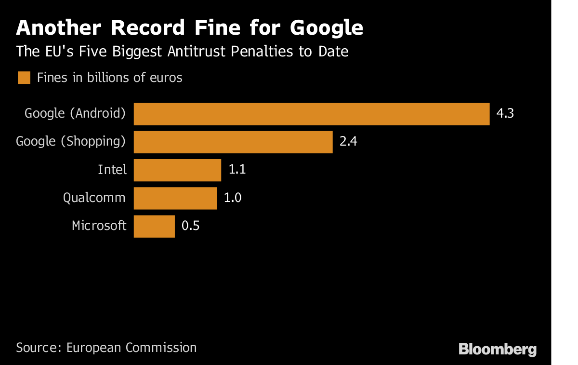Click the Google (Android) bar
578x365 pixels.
[311, 114]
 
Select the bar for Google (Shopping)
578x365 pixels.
[233, 142]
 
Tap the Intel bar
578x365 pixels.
[177, 170]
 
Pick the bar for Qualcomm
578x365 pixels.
[175, 198]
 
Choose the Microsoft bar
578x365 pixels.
[154, 226]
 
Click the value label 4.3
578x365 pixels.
[505, 114]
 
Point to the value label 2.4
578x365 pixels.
[348, 142]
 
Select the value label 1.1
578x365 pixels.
[237, 170]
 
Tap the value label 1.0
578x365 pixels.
[233, 198]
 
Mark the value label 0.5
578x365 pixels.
[190, 226]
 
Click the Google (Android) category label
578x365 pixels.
[75, 114]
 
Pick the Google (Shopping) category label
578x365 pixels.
[71, 142]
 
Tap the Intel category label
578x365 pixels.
[112, 170]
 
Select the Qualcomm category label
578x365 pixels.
[94, 198]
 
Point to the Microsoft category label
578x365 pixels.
[99, 226]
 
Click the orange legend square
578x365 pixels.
[24, 78]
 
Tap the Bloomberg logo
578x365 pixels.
[498, 349]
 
